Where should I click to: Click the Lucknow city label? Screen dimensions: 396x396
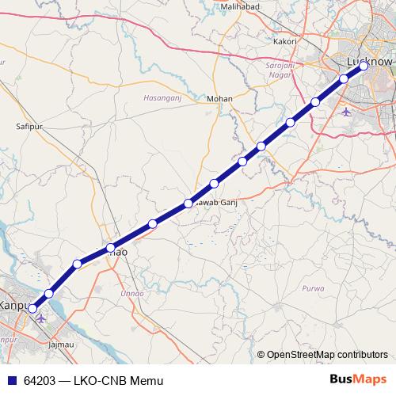pyautogui.click(x=370, y=61)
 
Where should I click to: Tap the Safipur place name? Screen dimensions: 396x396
pyautogui.click(x=29, y=125)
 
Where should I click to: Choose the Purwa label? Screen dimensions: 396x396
pyautogui.click(x=313, y=289)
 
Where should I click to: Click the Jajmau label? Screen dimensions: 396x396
pyautogui.click(x=61, y=345)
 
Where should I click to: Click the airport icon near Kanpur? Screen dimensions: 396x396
pyautogui.click(x=41, y=318)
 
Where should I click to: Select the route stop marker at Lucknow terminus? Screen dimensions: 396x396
pyautogui.click(x=364, y=67)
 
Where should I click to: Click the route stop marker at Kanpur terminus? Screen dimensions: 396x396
pyautogui.click(x=32, y=310)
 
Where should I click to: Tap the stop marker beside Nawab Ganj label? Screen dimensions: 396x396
pyautogui.click(x=188, y=203)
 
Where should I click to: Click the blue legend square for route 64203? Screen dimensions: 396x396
pyautogui.click(x=12, y=381)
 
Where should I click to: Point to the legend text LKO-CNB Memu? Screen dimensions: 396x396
pyautogui.click(x=118, y=381)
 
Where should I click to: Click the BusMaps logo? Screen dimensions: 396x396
pyautogui.click(x=359, y=380)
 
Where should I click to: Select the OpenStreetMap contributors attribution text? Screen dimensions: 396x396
pyautogui.click(x=327, y=355)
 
